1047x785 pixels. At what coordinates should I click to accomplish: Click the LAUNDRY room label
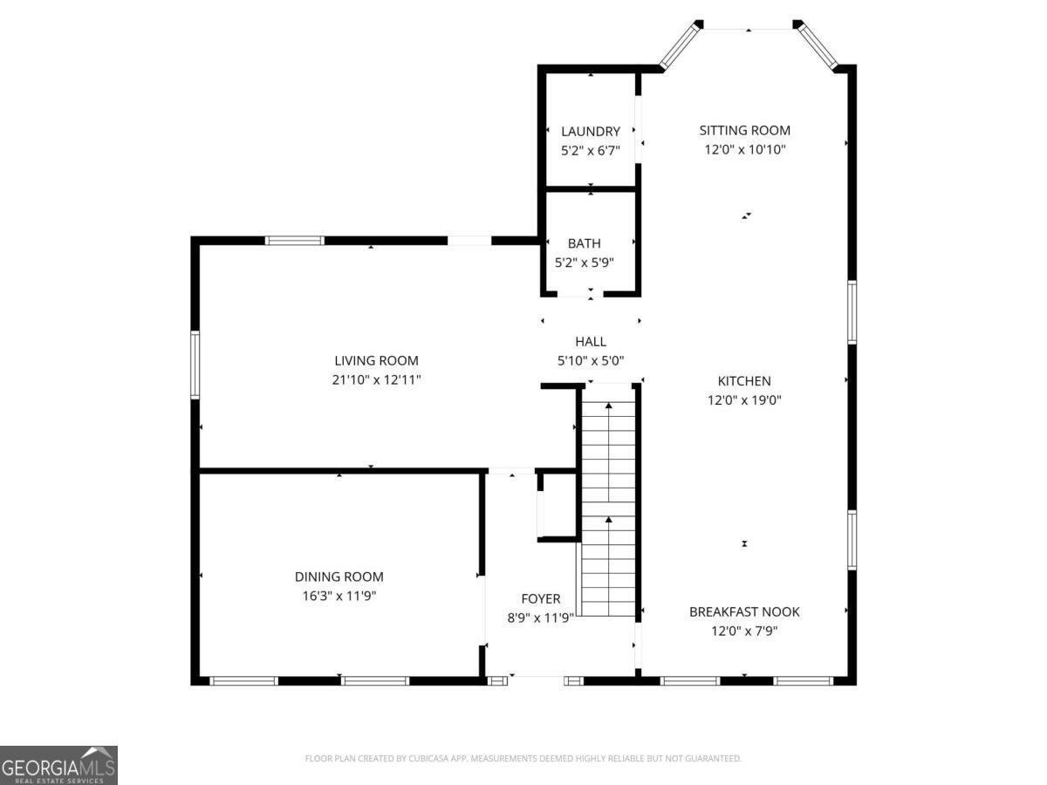[x=590, y=131]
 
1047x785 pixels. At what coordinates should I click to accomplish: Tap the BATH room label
[x=584, y=243]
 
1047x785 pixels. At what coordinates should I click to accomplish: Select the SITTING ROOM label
[x=744, y=130]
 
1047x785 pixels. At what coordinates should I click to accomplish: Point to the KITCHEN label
[x=744, y=381]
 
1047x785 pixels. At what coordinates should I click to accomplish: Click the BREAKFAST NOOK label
[x=744, y=611]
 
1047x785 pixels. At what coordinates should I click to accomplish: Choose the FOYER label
[x=540, y=598]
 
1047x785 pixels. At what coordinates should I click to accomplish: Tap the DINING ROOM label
[x=339, y=577]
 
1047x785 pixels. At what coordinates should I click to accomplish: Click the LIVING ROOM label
[x=376, y=360]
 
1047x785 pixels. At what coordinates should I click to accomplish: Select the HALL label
[x=591, y=341]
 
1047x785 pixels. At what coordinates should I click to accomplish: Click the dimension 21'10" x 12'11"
[x=376, y=380]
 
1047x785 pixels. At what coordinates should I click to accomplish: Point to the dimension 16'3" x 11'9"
[x=339, y=596]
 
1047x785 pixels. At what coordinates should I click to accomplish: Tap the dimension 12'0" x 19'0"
[x=744, y=399]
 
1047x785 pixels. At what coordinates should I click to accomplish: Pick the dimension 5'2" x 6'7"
[x=590, y=151]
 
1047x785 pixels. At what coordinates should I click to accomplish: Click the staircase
[x=608, y=508]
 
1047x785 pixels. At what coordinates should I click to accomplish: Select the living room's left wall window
[x=195, y=365]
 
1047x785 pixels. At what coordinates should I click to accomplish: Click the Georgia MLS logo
[x=58, y=765]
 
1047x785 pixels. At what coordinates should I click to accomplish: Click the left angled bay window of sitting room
[x=679, y=45]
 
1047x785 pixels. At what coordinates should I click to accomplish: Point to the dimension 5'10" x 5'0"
[x=591, y=361]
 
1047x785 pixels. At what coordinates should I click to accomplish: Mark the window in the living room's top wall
[x=294, y=241]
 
